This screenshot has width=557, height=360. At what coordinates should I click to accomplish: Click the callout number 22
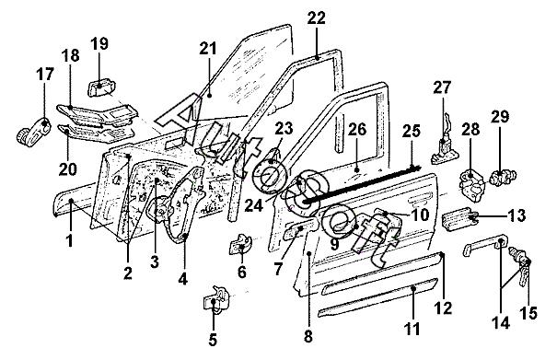tap(316, 18)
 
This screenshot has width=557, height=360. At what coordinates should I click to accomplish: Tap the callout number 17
tap(45, 74)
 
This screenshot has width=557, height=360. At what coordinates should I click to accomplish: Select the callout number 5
tap(213, 340)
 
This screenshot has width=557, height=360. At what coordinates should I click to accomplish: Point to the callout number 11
tap(412, 329)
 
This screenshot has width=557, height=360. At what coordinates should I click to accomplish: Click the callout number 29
tap(500, 117)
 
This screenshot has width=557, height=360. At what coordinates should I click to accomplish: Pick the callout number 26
tap(357, 129)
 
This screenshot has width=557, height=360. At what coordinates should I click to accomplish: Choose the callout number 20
tap(67, 168)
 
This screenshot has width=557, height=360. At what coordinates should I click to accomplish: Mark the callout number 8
tap(308, 336)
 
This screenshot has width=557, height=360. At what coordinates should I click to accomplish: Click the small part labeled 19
tap(103, 87)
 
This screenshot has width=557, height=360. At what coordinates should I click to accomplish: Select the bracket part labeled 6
tap(240, 244)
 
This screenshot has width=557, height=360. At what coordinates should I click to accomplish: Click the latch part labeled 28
tap(472, 182)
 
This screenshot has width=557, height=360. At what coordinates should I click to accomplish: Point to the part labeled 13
tap(459, 216)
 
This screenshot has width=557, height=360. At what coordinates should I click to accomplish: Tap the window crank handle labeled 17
tap(33, 132)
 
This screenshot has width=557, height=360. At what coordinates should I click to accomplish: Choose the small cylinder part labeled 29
tap(503, 177)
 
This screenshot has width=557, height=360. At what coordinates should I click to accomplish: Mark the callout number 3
tap(154, 262)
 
